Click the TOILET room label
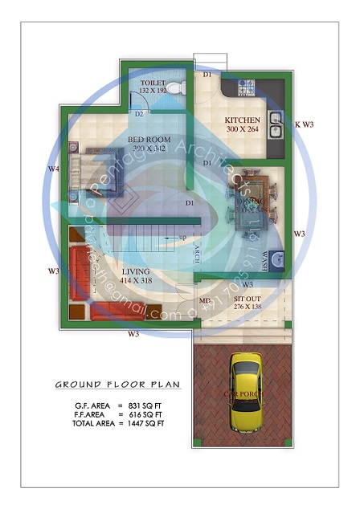pyautogui.click(x=153, y=83)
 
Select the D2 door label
pyautogui.click(x=139, y=114)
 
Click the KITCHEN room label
pyautogui.click(x=243, y=120)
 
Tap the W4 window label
pyautogui.click(x=53, y=169)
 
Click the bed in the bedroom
pyautogui.click(x=92, y=168)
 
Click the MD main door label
pyautogui.click(x=205, y=301)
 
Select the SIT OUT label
pyautogui.click(x=247, y=299)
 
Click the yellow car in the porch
pyautogui.click(x=245, y=393)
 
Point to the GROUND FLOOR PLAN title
pyautogui.click(x=117, y=385)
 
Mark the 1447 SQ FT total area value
pyautogui.click(x=147, y=422)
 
